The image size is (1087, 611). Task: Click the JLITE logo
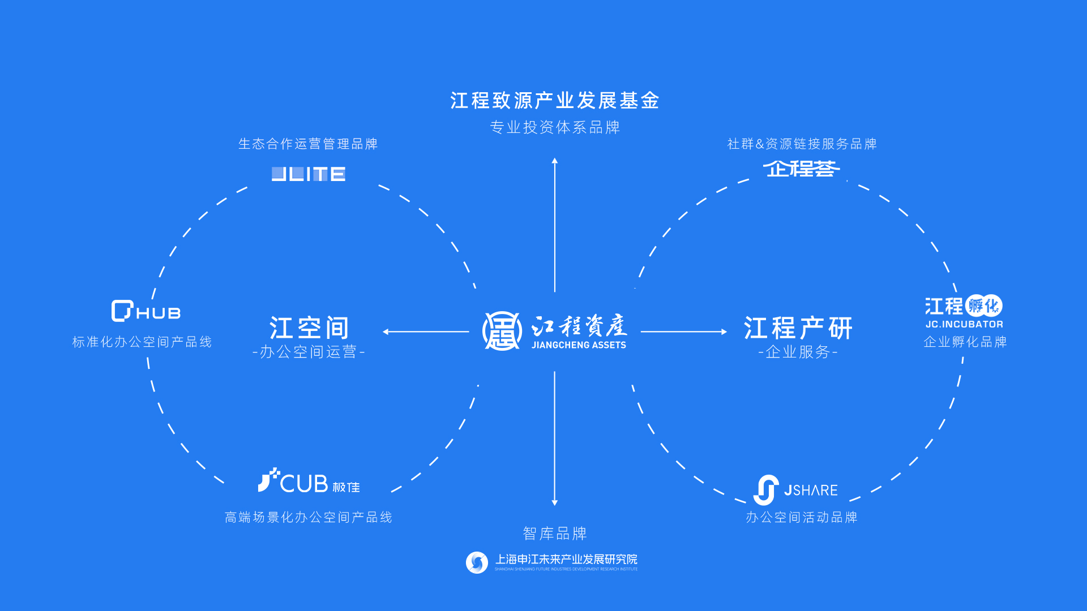coord(309,174)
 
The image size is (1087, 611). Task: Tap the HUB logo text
coord(158,313)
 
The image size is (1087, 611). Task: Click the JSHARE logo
coord(795,490)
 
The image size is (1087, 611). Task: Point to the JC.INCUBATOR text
coord(964,324)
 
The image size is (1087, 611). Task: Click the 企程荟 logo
coord(801,169)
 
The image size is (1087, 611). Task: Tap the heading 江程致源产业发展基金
coord(555,101)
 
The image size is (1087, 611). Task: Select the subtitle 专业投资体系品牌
coord(555,127)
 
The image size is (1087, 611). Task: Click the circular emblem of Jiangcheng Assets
coord(502,331)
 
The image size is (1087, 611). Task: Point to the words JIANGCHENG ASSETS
coord(579,345)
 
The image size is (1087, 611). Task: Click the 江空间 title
coord(309,328)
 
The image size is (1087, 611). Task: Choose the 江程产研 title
coord(798,328)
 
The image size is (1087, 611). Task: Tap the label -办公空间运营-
coord(309,352)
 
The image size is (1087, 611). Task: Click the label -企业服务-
coord(798,352)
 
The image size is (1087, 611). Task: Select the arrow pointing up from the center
coord(555,226)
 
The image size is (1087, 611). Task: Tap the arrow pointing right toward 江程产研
coord(683,332)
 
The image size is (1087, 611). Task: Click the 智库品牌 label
coord(555,533)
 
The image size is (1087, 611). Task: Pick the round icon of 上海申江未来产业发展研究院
coord(477,562)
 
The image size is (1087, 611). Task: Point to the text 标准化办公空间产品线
coord(142,342)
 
